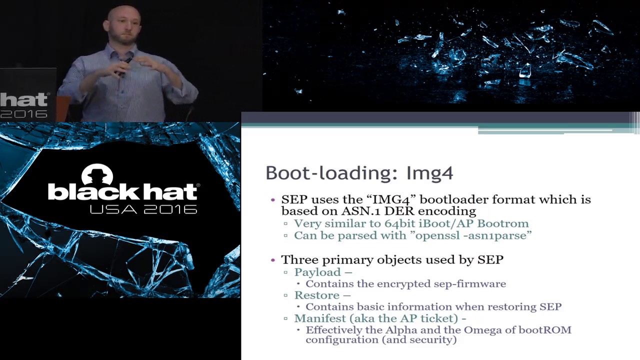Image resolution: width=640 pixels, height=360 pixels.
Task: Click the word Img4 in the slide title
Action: [x=429, y=173]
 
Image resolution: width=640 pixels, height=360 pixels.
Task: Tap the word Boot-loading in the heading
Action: [x=330, y=173]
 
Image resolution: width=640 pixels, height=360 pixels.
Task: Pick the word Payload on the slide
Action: [x=317, y=272]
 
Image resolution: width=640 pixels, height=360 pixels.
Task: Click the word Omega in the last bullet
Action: [x=481, y=330]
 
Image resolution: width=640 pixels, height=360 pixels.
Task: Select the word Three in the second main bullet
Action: [x=299, y=259]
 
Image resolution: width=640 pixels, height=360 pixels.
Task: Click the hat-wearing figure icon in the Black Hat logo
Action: [x=97, y=175]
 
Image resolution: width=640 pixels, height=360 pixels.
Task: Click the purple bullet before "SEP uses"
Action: [x=272, y=199]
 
